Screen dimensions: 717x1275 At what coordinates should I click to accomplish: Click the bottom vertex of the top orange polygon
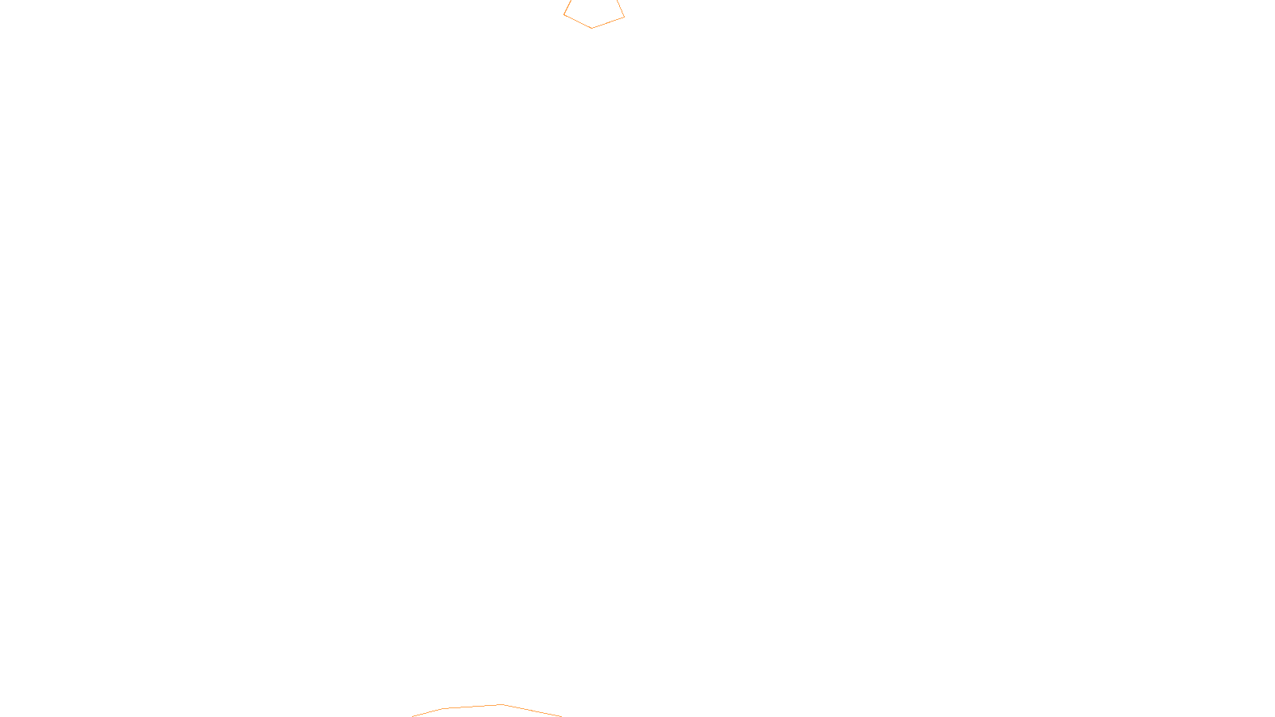click(x=591, y=28)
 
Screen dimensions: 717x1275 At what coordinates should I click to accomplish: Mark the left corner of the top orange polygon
click(x=564, y=14)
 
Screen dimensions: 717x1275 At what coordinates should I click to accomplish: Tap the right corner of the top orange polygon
click(x=624, y=16)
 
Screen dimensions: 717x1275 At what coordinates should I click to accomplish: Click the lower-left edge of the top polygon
click(x=578, y=22)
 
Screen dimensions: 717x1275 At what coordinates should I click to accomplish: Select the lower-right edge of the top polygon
click(x=608, y=22)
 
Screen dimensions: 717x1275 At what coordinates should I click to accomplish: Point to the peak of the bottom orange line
click(x=501, y=704)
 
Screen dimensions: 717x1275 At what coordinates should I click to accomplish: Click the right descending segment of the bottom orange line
click(x=532, y=711)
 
